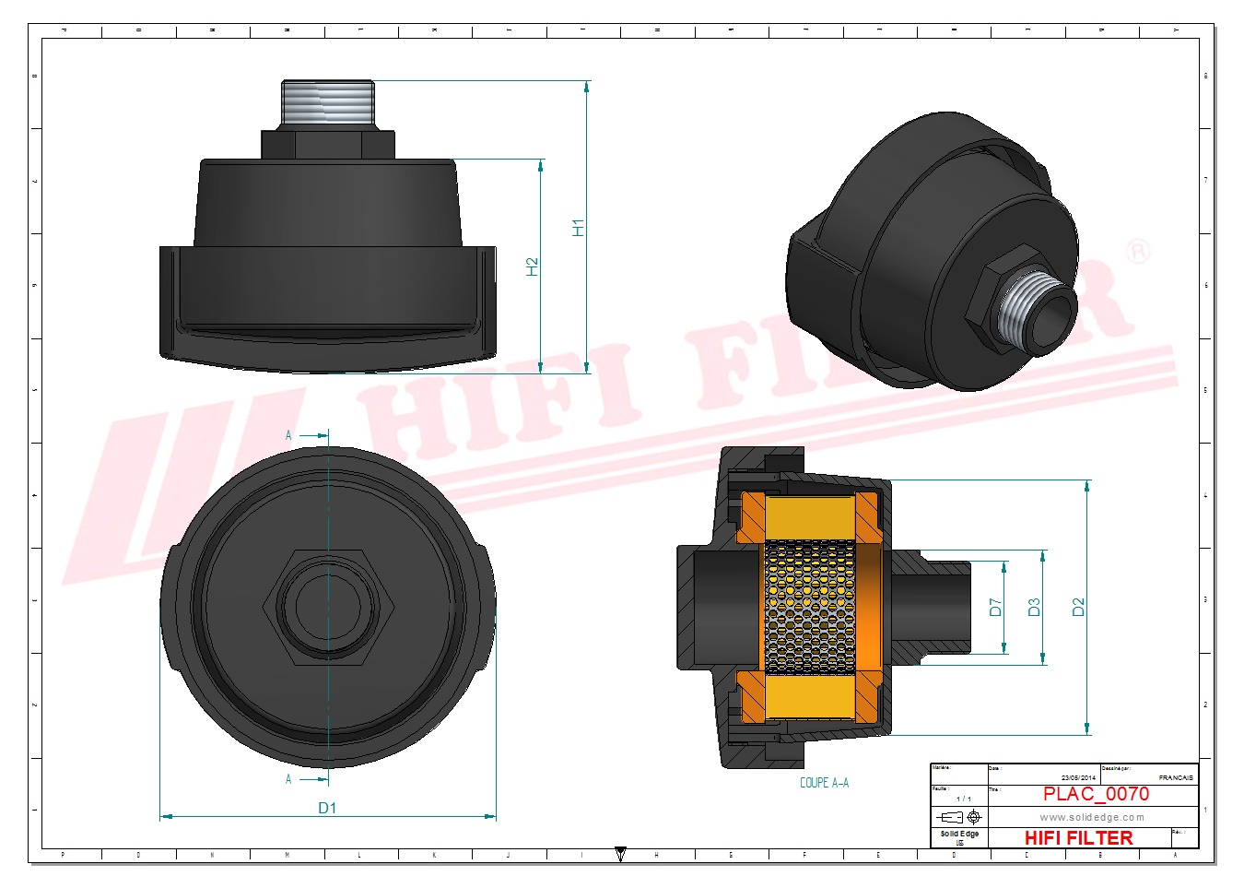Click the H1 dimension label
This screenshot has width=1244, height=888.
pyautogui.click(x=578, y=227)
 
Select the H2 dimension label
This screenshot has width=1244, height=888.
pyautogui.click(x=532, y=266)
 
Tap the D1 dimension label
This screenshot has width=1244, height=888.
pyautogui.click(x=327, y=808)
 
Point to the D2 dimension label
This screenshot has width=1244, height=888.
pyautogui.click(x=1078, y=607)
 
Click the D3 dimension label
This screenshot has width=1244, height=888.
pyautogui.click(x=1034, y=607)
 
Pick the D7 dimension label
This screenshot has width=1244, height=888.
pyautogui.click(x=995, y=607)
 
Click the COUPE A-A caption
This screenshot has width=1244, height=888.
pyautogui.click(x=824, y=783)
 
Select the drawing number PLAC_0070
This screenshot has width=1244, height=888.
pyautogui.click(x=1096, y=794)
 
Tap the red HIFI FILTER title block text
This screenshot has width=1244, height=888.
pyautogui.click(x=1078, y=837)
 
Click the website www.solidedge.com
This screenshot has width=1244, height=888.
pyautogui.click(x=1092, y=817)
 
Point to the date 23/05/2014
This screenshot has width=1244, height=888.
pyautogui.click(x=1078, y=777)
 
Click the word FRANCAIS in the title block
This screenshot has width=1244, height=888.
pyautogui.click(x=1176, y=777)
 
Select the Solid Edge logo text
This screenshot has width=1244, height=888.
pyautogui.click(x=959, y=834)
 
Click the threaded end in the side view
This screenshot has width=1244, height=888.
pyautogui.click(x=327, y=102)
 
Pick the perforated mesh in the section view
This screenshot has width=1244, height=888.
pyautogui.click(x=811, y=607)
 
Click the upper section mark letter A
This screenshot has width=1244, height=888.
pyautogui.click(x=288, y=435)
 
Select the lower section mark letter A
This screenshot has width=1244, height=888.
pyautogui.click(x=288, y=779)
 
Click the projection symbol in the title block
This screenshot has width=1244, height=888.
pyautogui.click(x=959, y=817)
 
